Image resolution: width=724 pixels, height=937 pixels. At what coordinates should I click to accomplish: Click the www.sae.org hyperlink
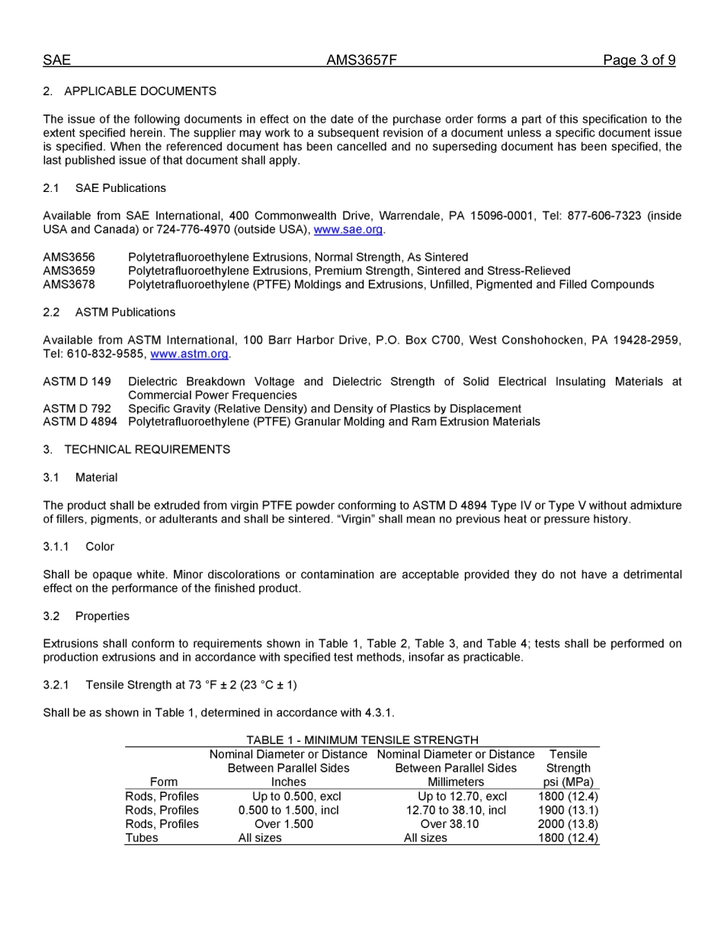pos(348,229)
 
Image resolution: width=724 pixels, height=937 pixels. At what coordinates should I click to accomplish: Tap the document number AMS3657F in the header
pos(361,60)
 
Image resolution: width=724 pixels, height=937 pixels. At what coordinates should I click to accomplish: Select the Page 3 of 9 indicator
pos(639,60)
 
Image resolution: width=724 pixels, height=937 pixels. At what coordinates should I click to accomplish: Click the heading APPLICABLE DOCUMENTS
pos(139,91)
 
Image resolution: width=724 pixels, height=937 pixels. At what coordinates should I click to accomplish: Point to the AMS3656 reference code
pos(69,257)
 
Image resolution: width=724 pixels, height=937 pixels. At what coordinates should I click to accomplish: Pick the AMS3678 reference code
pos(69,285)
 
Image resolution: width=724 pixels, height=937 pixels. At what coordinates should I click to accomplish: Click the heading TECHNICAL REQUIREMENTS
pos(146,449)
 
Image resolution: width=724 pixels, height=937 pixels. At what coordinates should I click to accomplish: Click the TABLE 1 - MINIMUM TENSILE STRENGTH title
pos(362,740)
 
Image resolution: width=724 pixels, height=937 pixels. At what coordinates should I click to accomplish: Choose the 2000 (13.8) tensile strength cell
pos(568,824)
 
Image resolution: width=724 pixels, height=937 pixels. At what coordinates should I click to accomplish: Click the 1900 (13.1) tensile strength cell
pos(568,811)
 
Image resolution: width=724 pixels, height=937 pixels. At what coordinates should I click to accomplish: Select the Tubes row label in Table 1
pos(142,838)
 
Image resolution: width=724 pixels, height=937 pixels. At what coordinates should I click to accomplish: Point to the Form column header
pos(163,782)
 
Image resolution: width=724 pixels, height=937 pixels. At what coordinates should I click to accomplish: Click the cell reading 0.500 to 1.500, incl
pos(288,811)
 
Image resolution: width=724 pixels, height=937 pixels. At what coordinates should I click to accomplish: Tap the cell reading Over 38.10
pos(450,824)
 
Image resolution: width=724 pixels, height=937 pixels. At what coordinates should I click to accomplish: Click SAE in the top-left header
pos(56,60)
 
